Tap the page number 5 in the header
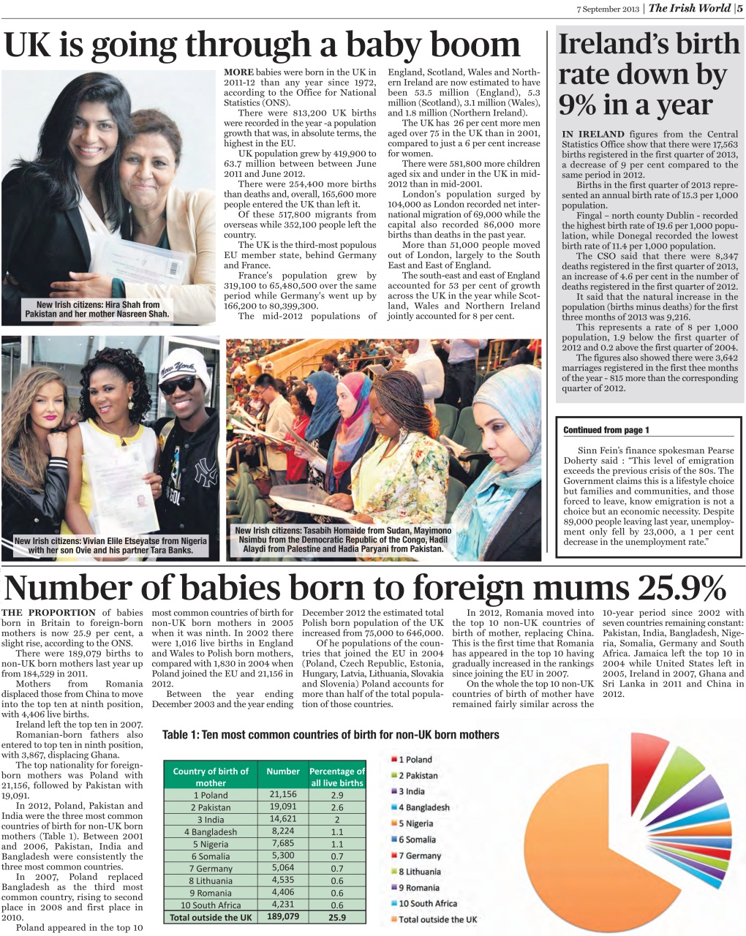pyautogui.click(x=739, y=8)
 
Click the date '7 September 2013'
pyautogui.click(x=609, y=9)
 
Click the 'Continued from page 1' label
pyautogui.click(x=606, y=430)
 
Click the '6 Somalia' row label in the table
pyautogui.click(x=211, y=856)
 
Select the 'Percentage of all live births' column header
pyautogui.click(x=336, y=777)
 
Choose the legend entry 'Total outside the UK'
pyautogui.click(x=437, y=919)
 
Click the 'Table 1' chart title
pyautogui.click(x=331, y=735)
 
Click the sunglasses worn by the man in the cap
pyautogui.click(x=178, y=384)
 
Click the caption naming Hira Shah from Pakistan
pyautogui.click(x=97, y=309)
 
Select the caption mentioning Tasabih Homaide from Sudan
pyautogui.click(x=343, y=540)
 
